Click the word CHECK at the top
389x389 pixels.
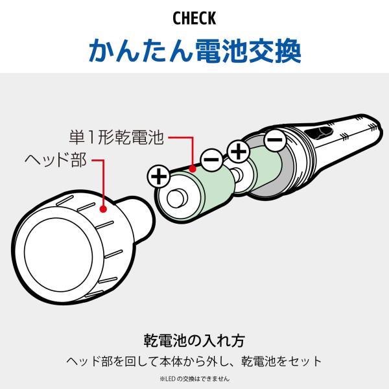[x=194, y=18]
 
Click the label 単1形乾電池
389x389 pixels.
[x=116, y=137]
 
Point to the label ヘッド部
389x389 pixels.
[x=56, y=159]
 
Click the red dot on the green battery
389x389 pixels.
[x=193, y=169]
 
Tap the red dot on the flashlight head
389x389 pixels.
[x=103, y=209]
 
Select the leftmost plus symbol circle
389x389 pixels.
[x=159, y=177]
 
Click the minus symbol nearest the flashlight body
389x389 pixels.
[x=275, y=139]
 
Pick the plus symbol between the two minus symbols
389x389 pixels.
[x=239, y=151]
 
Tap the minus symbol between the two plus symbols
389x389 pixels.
[x=212, y=159]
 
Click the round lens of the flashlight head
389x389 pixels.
[x=58, y=255]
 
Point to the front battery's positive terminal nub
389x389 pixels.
[x=176, y=198]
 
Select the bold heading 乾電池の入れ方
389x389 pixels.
[x=194, y=340]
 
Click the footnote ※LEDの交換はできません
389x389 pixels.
[x=194, y=379]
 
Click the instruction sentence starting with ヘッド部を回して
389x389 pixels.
[x=194, y=361]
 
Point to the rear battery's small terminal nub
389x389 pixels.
[x=237, y=174]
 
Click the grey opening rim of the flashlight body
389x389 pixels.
[x=285, y=169]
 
